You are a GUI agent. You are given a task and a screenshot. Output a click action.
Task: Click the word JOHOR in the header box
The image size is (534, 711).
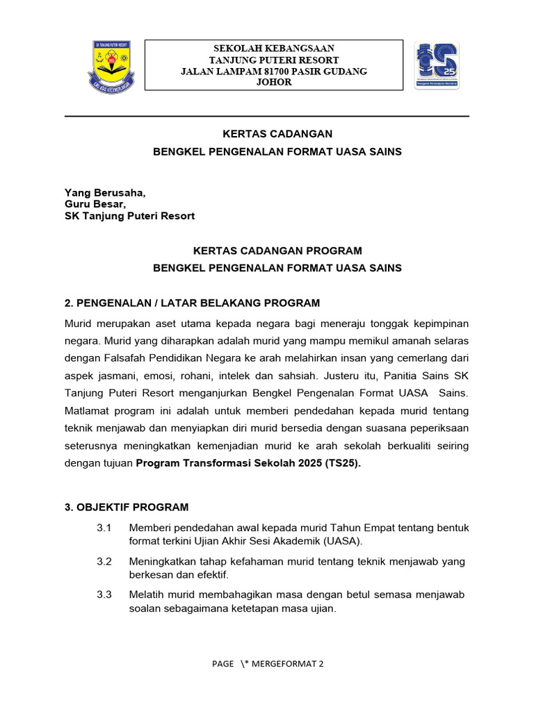click(274, 82)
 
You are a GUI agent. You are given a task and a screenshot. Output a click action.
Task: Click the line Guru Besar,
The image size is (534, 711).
click(95, 204)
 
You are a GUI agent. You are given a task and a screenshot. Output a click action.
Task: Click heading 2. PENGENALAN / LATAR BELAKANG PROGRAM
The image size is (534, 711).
click(192, 303)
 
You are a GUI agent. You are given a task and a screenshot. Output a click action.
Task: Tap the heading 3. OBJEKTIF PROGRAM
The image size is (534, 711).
click(126, 507)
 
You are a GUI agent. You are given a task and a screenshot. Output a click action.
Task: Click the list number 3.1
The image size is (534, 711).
click(104, 528)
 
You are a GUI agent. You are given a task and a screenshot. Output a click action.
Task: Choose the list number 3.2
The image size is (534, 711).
click(104, 562)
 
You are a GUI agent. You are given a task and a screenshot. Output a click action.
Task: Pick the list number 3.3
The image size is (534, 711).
click(104, 595)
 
